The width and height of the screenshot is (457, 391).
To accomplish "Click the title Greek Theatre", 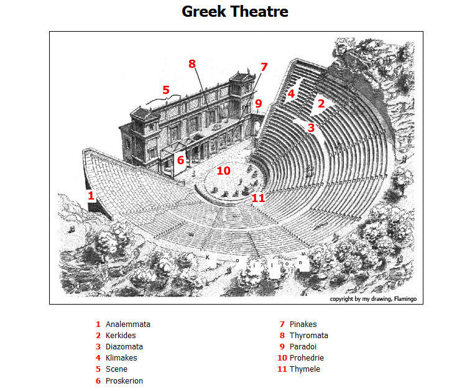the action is pos(235,12).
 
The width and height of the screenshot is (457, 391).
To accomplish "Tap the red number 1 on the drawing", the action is pos(91,195).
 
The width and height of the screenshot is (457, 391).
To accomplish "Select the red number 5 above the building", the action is pos(166,90).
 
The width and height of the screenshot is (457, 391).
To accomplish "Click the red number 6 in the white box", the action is pos(181,160).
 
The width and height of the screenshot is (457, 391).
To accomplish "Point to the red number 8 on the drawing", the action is pos(192,63).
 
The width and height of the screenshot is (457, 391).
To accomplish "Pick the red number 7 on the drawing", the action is pos(264,67).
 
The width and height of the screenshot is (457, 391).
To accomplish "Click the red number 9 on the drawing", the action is pos(259,103).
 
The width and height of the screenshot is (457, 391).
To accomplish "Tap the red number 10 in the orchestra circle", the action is pos(224,171).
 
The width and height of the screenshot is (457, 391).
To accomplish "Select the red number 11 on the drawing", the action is pos(258,198).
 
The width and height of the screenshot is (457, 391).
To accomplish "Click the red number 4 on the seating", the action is pos(291,94).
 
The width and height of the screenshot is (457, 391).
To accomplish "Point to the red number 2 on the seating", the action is pos(321,103).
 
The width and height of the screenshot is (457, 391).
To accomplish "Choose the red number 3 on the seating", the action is pos(312,127).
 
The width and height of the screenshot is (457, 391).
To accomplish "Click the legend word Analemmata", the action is pos(128,324).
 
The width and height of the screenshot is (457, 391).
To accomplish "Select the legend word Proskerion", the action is pos(124,381).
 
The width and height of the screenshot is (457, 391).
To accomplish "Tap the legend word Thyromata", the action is pos(309,336).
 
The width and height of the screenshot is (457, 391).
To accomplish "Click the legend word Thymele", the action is pos(305,369).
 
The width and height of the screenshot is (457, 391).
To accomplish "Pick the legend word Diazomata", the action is pos(124,347).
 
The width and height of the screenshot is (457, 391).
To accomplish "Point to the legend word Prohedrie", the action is pos(307,358).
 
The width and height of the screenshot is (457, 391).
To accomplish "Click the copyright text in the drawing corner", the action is pos(373,299).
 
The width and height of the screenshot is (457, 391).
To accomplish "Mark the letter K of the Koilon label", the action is pos(208,257).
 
